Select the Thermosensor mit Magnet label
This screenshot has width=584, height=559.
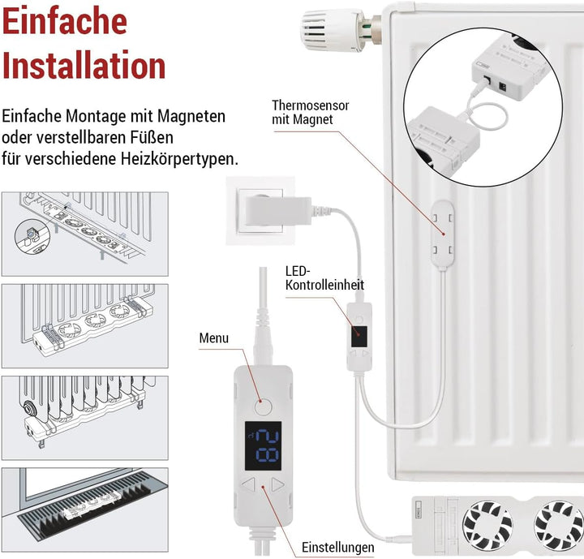click(x=303, y=113)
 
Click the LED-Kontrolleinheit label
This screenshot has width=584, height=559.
click(x=324, y=277)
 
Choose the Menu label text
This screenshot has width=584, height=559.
click(x=214, y=338)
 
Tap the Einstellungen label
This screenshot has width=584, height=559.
click(x=337, y=547)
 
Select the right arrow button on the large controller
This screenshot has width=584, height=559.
click(x=277, y=487)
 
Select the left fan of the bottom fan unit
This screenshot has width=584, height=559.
click(x=486, y=521)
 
